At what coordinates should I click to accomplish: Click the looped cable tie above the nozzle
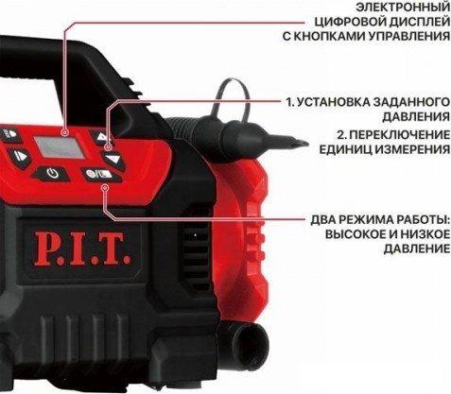(233, 100)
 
